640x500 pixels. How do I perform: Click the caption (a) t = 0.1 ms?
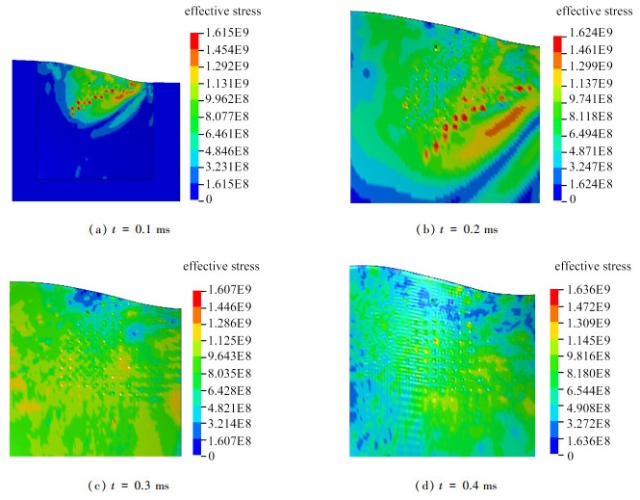tap(127, 229)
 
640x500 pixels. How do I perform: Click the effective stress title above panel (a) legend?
tap(220, 12)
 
